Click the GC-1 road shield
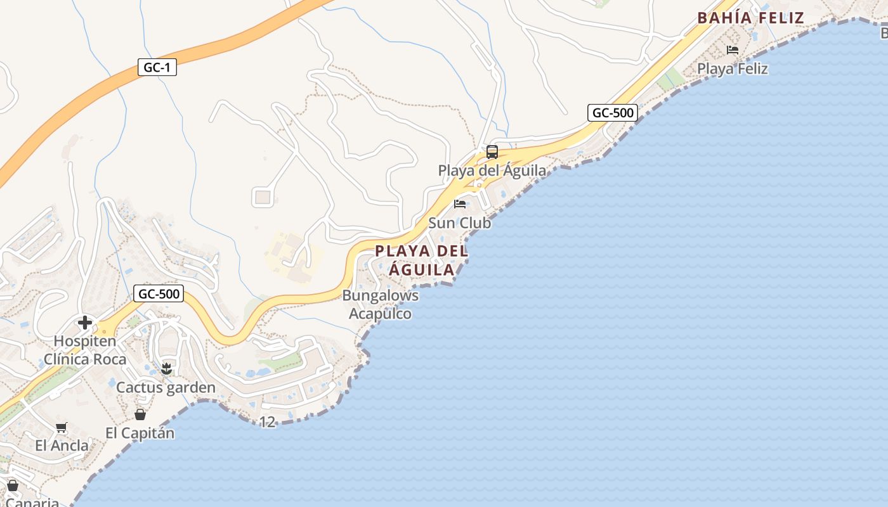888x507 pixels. (x=157, y=67)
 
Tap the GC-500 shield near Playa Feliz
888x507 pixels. (x=612, y=113)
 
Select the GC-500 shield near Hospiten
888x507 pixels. (x=159, y=293)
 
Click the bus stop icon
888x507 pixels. (x=492, y=152)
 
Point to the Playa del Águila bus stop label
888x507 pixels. (x=492, y=170)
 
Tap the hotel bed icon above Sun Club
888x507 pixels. (x=460, y=204)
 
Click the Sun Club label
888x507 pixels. (x=459, y=223)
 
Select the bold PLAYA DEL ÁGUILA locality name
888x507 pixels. (x=422, y=260)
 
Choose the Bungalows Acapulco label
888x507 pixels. (x=381, y=304)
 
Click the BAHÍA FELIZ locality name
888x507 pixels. (x=750, y=18)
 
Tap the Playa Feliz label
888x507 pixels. (x=733, y=68)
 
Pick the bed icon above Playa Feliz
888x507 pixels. (x=733, y=49)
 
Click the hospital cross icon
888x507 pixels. (x=85, y=323)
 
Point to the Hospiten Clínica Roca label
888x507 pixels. (x=85, y=350)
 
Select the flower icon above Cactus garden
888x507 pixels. (x=166, y=368)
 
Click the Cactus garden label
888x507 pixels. (x=166, y=387)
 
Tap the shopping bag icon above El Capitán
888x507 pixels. (x=140, y=414)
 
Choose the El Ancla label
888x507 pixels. (x=62, y=446)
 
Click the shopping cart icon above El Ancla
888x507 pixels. (x=62, y=427)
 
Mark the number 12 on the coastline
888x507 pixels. (x=268, y=421)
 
